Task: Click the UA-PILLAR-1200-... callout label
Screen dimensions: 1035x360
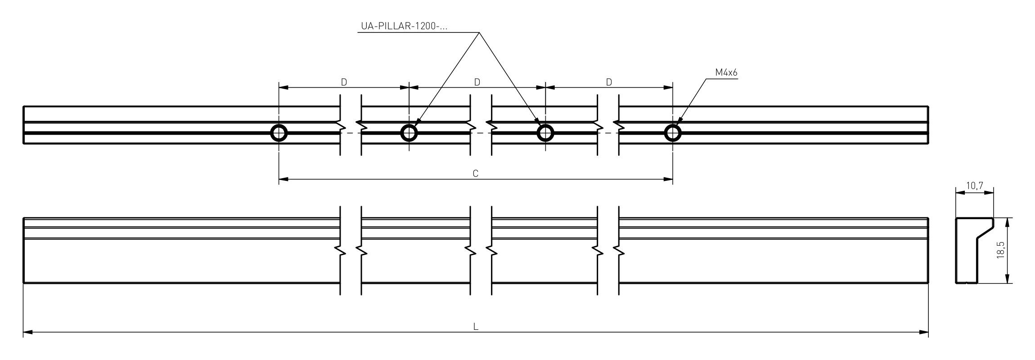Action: [404, 26]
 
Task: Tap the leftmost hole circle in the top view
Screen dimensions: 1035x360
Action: [279, 133]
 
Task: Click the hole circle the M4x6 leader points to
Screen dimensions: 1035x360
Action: [673, 133]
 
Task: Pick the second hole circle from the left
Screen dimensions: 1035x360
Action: [409, 133]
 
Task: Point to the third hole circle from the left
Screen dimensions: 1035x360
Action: [545, 133]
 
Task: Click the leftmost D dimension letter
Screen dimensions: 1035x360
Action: [344, 82]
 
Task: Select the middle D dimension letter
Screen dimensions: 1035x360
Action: [477, 82]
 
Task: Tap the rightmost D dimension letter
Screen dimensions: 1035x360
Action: [609, 82]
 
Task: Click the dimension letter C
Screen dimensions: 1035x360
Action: [476, 174]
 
